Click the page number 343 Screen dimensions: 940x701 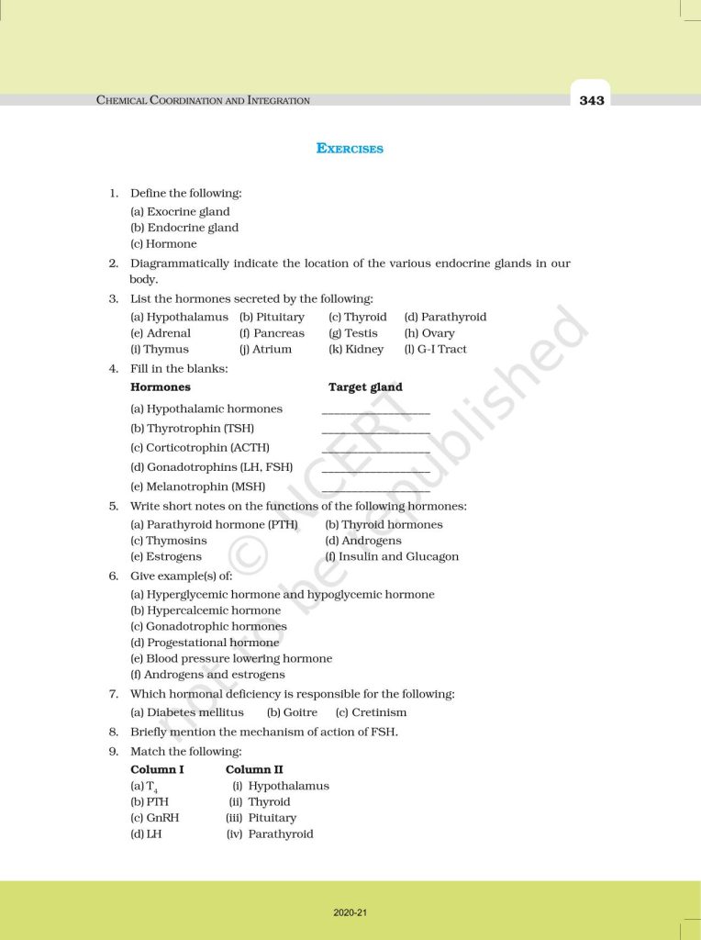592,100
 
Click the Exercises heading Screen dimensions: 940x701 350,148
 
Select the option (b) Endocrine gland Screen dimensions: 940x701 184,228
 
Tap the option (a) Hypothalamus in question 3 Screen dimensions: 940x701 179,317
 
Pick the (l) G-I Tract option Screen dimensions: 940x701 435,349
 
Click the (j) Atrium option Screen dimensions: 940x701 265,349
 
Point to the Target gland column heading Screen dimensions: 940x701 365,387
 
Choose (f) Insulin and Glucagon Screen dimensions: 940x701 392,556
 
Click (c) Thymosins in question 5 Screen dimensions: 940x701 169,541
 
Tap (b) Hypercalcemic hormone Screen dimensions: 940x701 206,610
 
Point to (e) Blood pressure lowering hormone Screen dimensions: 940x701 231,658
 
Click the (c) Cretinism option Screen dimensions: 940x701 371,712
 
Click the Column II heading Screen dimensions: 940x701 254,769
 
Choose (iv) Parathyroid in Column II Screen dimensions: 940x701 270,834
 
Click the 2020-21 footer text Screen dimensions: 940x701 350,912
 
